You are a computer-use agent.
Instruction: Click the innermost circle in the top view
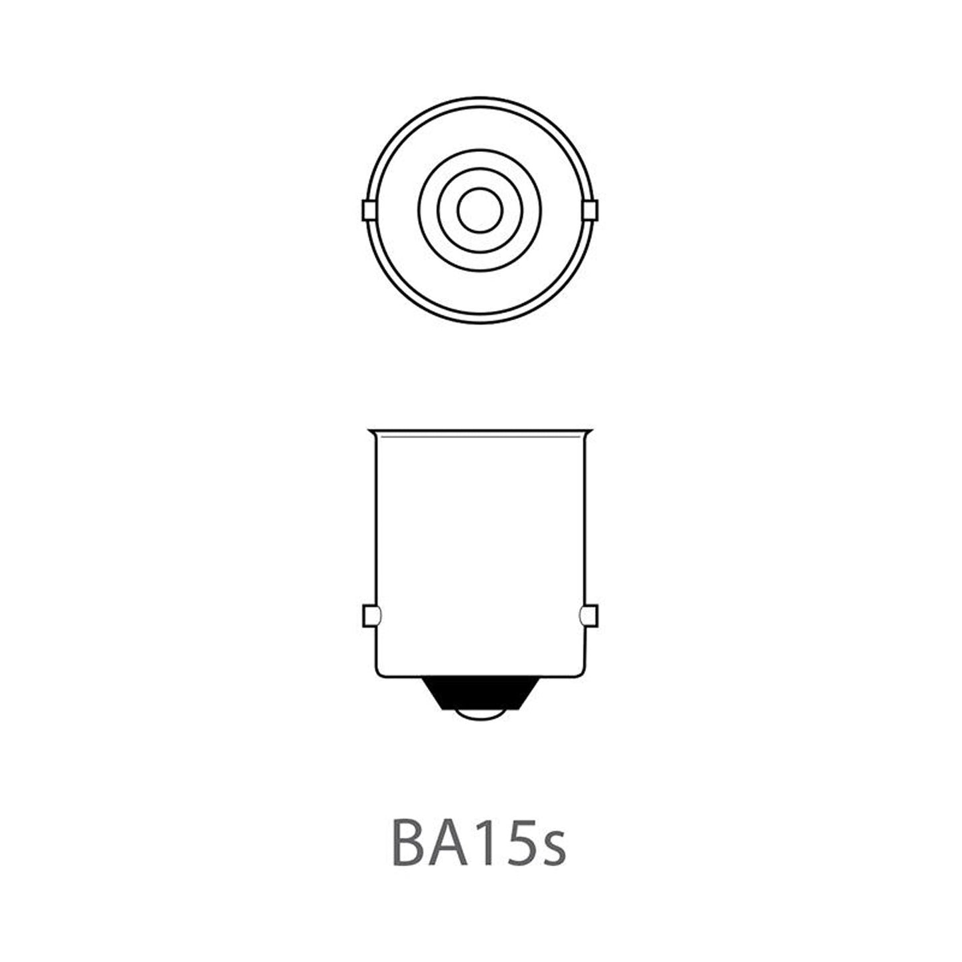[479, 211]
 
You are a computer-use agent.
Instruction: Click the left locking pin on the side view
[369, 616]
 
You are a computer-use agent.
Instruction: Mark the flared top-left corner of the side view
[371, 431]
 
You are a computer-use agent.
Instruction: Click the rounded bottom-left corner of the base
[379, 673]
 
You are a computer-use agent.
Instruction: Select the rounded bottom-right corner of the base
[580, 673]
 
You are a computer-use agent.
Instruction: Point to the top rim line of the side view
[479, 431]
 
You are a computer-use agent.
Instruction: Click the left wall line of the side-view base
[376, 519]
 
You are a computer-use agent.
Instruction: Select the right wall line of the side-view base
[584, 519]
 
